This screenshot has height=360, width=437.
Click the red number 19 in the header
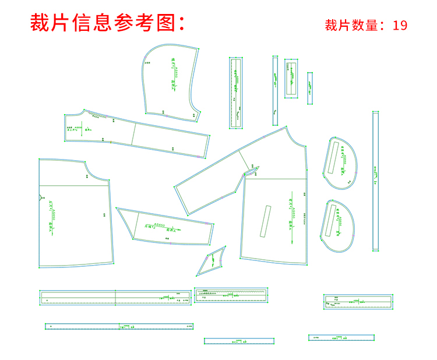tap(400, 26)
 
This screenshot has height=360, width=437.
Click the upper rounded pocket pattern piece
tap(341, 163)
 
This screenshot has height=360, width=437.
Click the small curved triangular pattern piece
tap(212, 260)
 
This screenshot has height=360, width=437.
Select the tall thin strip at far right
tap(376, 181)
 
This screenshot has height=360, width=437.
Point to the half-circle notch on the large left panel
tap(41, 196)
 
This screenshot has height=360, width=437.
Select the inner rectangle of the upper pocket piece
tap(336, 158)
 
